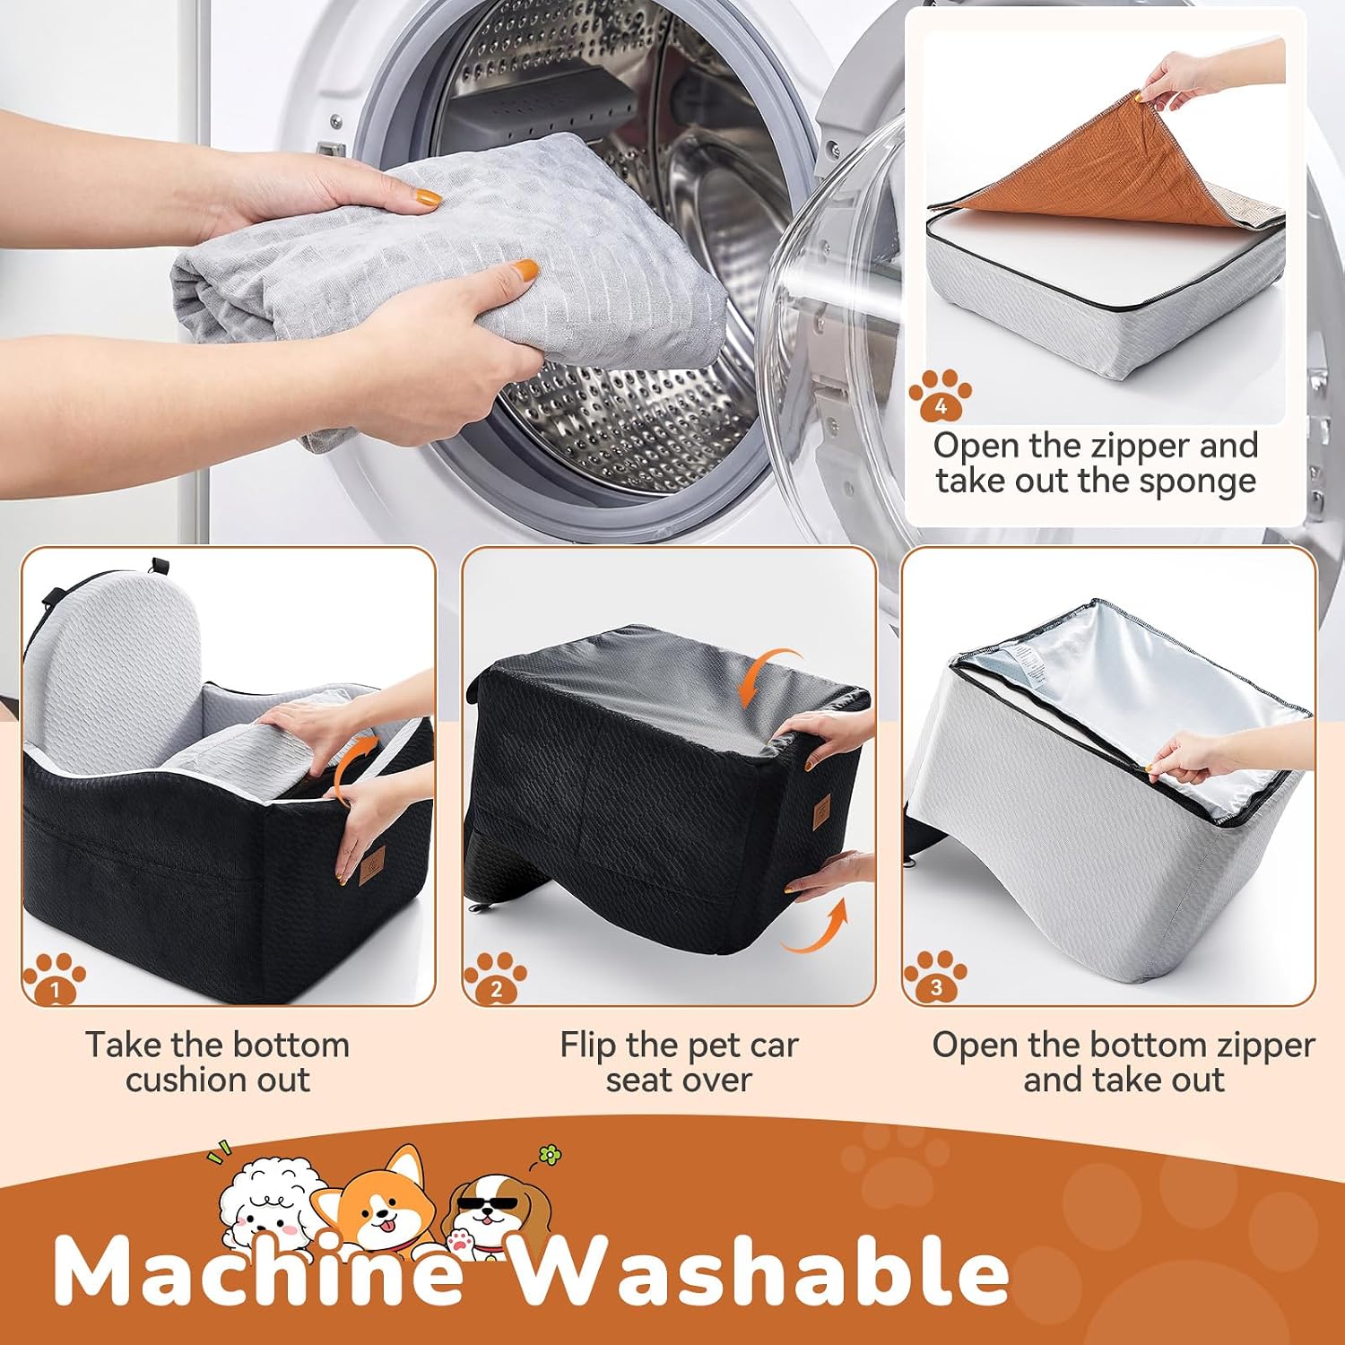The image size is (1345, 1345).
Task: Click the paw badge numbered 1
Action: pos(55,976)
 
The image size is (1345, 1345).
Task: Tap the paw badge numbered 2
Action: pos(495,976)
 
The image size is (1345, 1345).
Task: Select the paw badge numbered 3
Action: pos(935,976)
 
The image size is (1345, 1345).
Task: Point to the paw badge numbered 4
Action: pos(940,395)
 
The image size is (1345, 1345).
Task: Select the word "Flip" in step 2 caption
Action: pos(588,1046)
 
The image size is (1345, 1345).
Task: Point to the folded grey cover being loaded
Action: pos(448,287)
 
